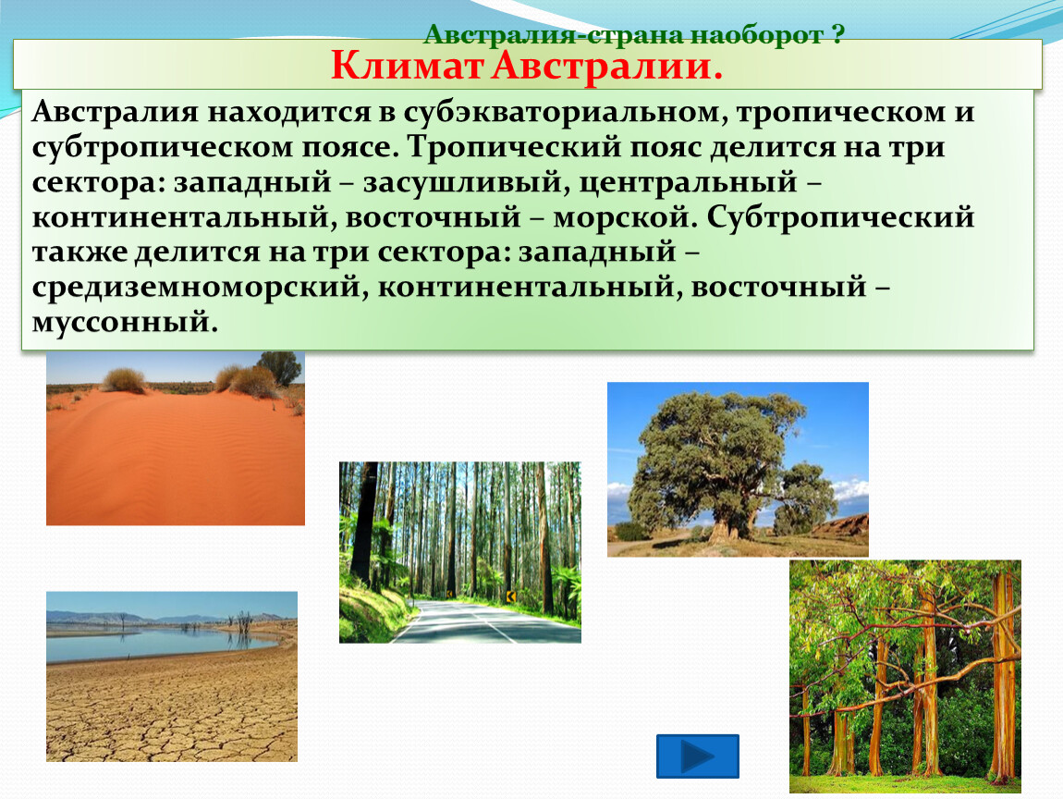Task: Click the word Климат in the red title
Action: tap(408, 68)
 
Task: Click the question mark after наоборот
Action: tap(838, 34)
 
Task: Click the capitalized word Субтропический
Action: tap(840, 218)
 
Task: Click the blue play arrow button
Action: tap(698, 756)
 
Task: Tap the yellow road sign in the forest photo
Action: tap(511, 596)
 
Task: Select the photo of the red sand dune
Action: tap(176, 438)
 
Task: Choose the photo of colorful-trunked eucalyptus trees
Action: tap(905, 676)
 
